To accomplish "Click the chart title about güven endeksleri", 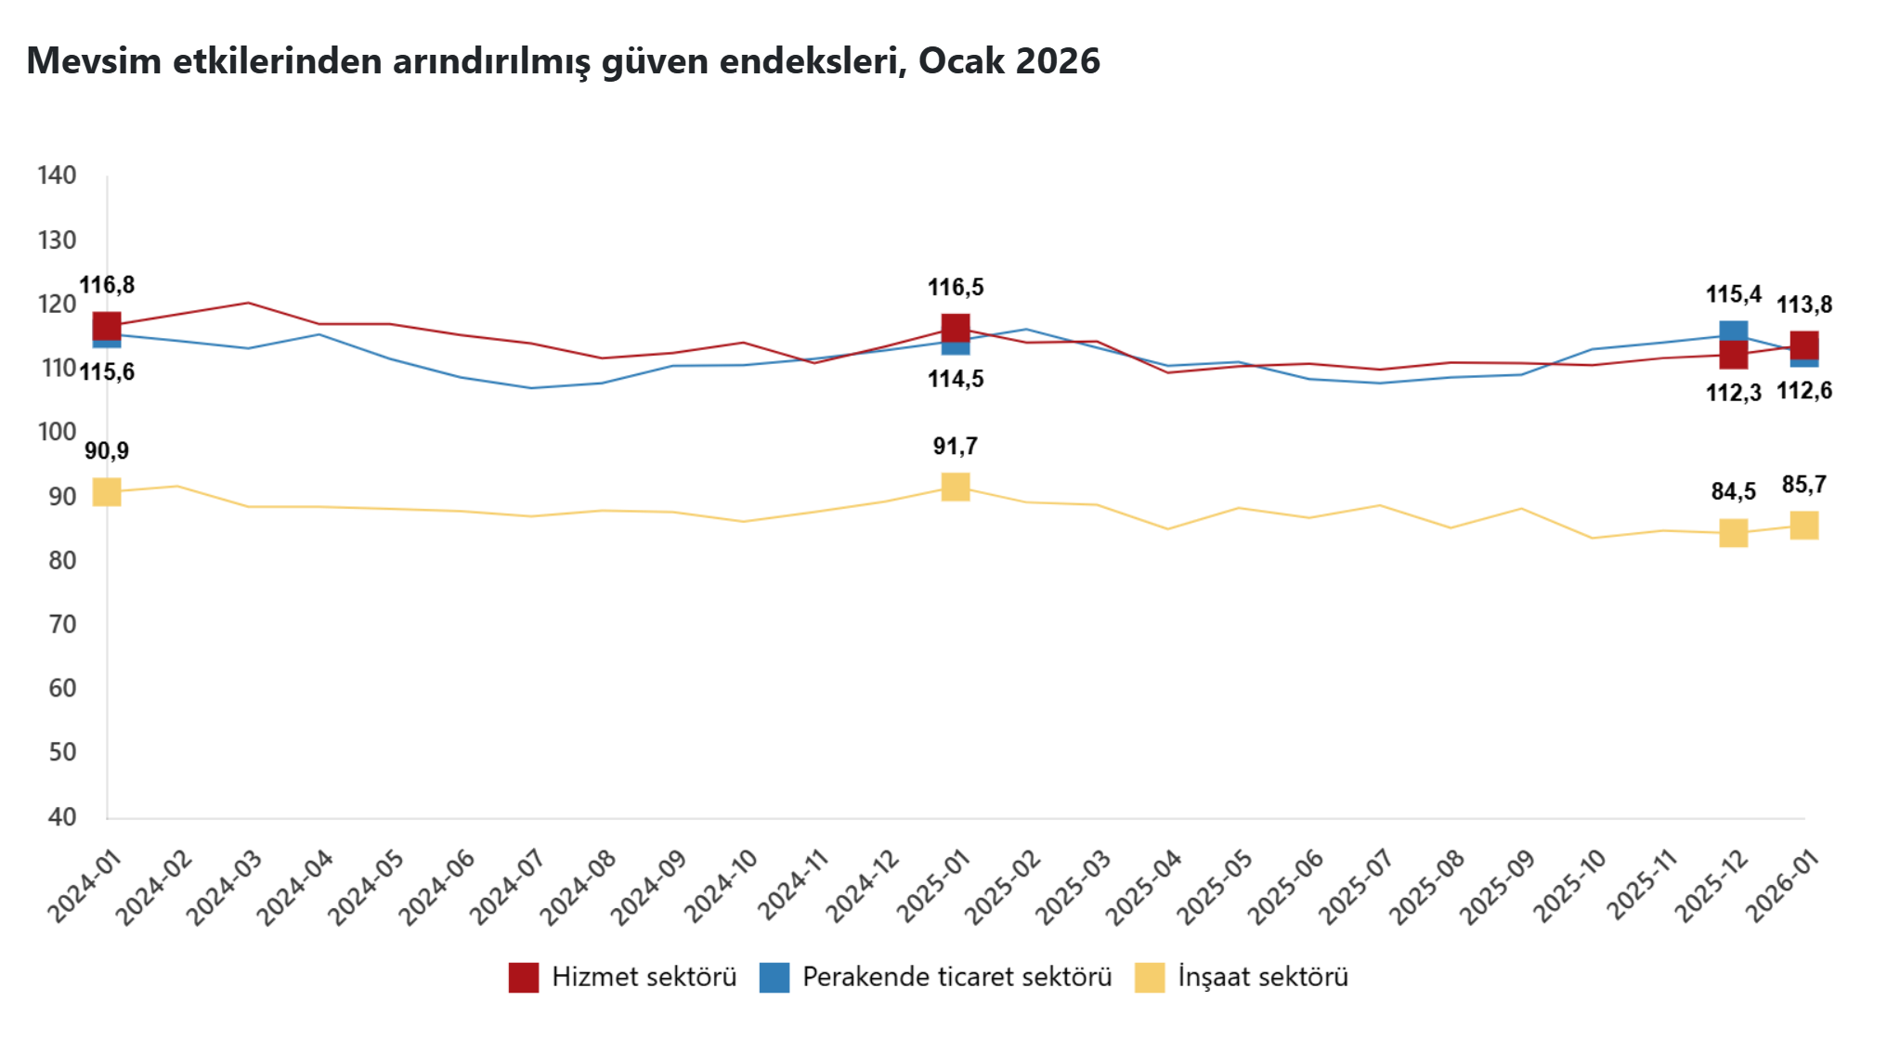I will pos(563,61).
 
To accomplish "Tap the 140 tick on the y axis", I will pos(57,175).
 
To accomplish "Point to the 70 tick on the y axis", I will pos(62,624).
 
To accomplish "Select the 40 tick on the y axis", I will pos(62,816).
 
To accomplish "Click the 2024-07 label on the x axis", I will pos(507,888).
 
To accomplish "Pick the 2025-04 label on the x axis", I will pos(1143,888).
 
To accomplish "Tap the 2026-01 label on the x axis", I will pos(1782,888).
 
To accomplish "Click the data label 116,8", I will pos(107,285).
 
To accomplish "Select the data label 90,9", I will pos(107,451).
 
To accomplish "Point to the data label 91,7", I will pos(955,447).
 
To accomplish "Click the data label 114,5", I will pos(956,379).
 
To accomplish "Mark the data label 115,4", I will pos(1733,295).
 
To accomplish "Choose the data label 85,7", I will pos(1803,485).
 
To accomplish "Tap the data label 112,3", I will pos(1733,393).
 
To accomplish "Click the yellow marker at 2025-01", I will pos(956,487).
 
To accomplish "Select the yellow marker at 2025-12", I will pos(1733,533).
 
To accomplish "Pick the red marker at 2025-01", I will pos(956,328).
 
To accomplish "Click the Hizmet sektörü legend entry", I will pos(622,977).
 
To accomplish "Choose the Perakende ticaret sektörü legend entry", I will pos(935,977).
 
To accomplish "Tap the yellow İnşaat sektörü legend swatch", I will pos(1150,978).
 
